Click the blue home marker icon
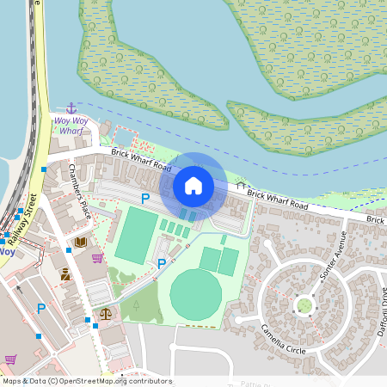click(x=193, y=185)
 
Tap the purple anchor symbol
click(x=71, y=107)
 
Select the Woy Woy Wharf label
click(x=70, y=126)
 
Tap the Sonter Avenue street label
click(x=332, y=257)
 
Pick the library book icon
click(x=81, y=243)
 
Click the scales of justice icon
click(x=105, y=314)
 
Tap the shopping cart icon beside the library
click(x=97, y=257)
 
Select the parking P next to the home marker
click(x=145, y=199)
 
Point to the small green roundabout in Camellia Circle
click(x=304, y=305)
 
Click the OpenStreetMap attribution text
click(x=86, y=381)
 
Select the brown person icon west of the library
click(x=65, y=274)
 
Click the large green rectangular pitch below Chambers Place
click(x=137, y=235)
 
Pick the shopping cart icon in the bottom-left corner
click(x=10, y=359)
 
